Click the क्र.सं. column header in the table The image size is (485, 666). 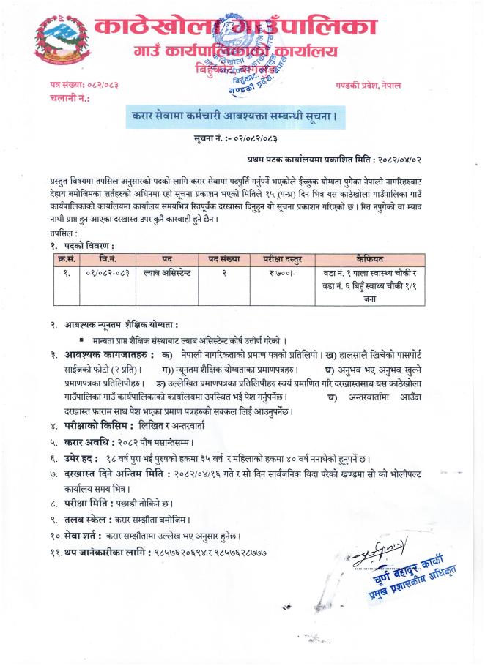click(66, 259)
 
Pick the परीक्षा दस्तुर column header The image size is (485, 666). click(278, 259)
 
